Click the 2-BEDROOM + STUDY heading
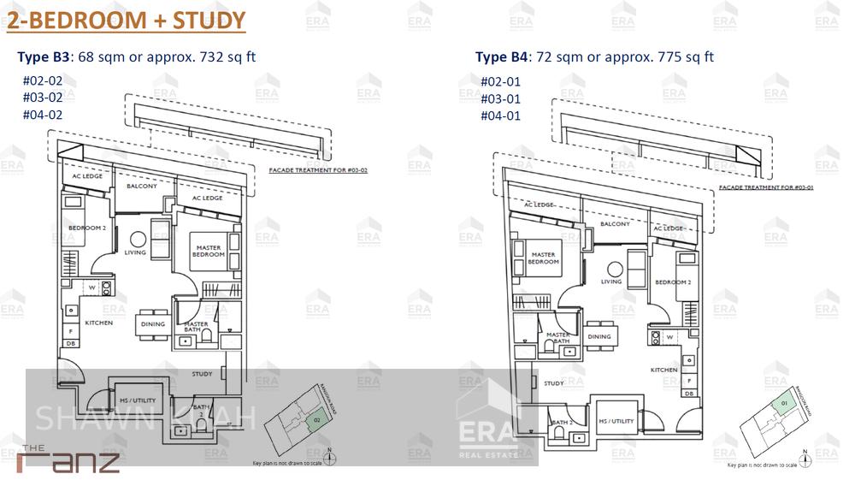click(126, 21)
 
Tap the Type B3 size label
click(137, 57)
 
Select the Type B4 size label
click(594, 57)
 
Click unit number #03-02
click(43, 98)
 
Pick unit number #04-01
click(500, 116)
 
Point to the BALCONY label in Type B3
click(142, 186)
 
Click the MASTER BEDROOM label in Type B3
click(208, 251)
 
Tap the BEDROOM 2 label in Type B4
click(672, 282)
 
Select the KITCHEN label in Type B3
click(99, 323)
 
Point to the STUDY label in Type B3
click(202, 374)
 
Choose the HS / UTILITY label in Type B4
click(616, 421)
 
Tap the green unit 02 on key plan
click(316, 421)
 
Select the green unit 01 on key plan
click(783, 404)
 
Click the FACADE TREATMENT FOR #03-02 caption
click(317, 170)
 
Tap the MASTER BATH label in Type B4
click(558, 338)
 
